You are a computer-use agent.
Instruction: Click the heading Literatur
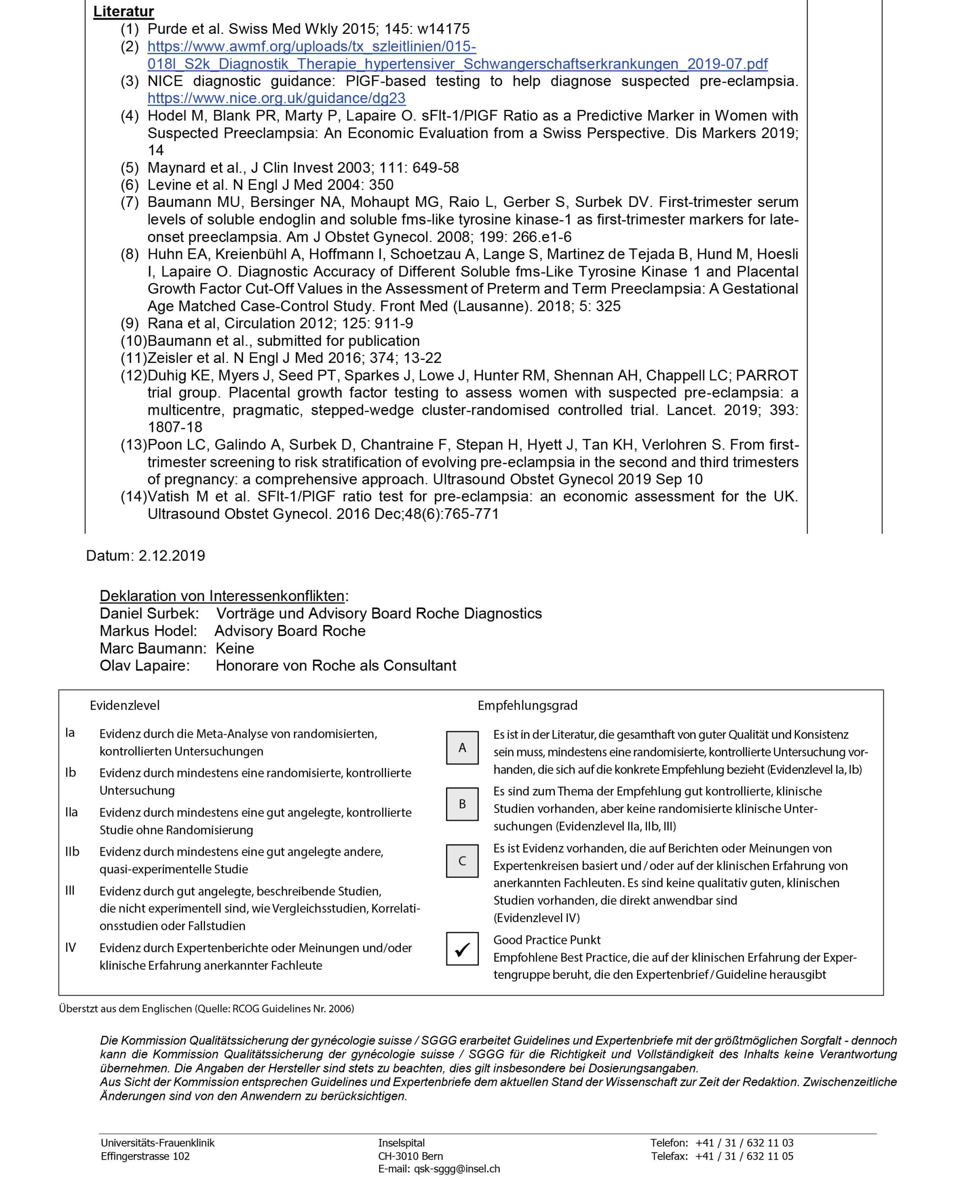tap(123, 12)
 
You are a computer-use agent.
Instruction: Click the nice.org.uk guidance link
tap(276, 98)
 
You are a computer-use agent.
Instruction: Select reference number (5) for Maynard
tap(130, 168)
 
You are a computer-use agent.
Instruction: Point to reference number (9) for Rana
tap(130, 323)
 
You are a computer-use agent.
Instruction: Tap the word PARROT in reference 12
tap(766, 375)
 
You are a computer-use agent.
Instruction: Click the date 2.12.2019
tap(172, 555)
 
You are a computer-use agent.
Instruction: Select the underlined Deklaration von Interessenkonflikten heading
tap(222, 596)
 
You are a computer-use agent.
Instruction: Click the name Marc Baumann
tap(152, 648)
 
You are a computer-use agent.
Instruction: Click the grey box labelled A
tap(462, 748)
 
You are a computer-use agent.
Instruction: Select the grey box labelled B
tap(462, 804)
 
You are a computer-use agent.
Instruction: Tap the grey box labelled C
tap(462, 861)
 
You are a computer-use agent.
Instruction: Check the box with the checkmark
tap(462, 949)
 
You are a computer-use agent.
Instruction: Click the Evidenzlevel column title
tap(125, 705)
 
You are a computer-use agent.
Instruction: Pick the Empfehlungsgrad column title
tap(527, 705)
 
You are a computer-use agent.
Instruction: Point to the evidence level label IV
tap(71, 947)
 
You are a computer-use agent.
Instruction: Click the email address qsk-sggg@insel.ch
tap(457, 1169)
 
